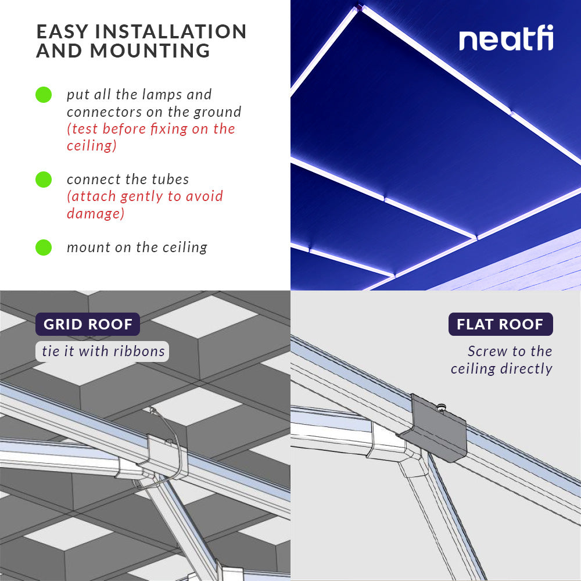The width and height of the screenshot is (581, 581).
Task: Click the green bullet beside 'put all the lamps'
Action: point(44,95)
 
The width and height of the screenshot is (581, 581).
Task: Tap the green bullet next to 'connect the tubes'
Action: point(44,180)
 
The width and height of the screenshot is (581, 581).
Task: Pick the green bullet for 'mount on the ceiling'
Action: point(44,248)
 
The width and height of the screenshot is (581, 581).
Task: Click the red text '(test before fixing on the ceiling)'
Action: point(150,137)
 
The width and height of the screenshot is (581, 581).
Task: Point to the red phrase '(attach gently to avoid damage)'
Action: point(145,205)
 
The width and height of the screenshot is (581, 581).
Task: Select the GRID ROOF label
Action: point(88,324)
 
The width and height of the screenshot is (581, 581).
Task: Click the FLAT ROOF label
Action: point(500,324)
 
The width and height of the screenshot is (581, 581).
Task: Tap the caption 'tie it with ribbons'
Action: point(103,352)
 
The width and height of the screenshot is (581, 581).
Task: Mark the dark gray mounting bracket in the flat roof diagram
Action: point(439,430)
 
